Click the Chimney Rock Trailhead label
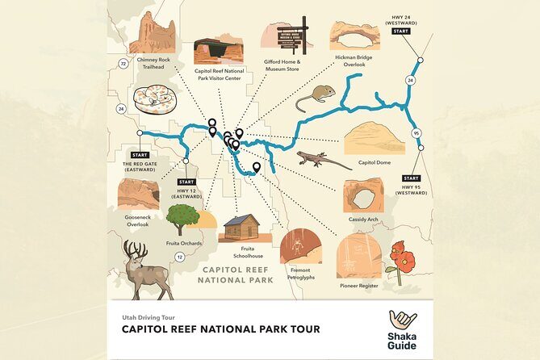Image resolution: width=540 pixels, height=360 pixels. tap(154, 62)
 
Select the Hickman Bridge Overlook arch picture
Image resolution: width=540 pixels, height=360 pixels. tap(354, 36)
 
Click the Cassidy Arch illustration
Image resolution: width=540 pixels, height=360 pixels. tap(363, 195)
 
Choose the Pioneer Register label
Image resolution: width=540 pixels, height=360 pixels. tap(359, 285)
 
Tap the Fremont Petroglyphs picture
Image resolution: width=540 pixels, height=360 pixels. tap(300, 245)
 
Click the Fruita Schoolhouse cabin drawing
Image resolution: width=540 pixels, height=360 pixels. tap(243, 228)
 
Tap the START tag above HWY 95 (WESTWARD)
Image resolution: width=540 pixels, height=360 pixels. tap(411, 178)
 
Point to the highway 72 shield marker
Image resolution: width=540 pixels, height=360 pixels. tap(123, 61)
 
